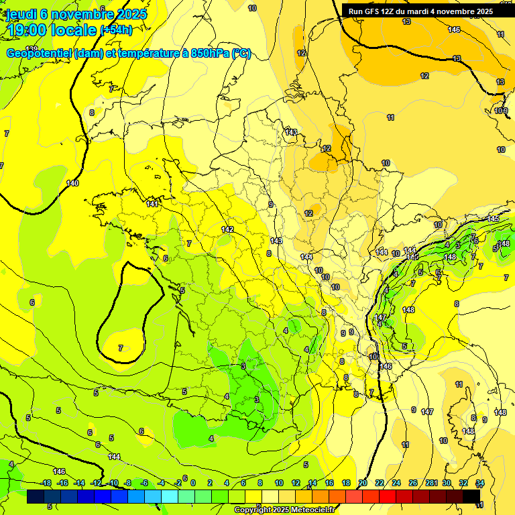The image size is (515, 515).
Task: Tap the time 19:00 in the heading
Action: (33, 31)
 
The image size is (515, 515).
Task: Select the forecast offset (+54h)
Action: (116, 31)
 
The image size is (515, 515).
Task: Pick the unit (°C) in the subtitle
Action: (241, 54)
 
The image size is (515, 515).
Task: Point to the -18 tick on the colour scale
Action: (46, 483)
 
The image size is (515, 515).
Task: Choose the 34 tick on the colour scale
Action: (480, 483)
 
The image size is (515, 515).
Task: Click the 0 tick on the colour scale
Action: (193, 483)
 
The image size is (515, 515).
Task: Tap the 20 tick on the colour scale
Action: (363, 483)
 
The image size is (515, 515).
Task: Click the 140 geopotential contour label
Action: (72, 183)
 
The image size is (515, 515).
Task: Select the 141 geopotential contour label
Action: (152, 203)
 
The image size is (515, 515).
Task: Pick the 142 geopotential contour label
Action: (227, 229)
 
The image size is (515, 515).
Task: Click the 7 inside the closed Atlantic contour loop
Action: (121, 348)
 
